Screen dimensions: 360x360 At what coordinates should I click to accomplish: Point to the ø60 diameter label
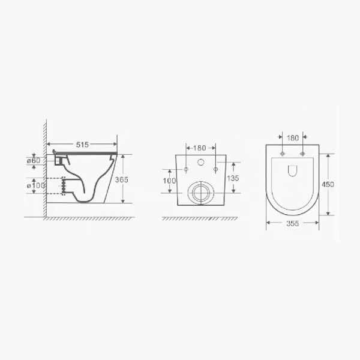tap(34, 160)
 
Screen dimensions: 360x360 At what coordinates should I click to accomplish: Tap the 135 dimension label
tap(233, 178)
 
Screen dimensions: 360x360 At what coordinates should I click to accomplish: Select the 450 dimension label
tap(328, 184)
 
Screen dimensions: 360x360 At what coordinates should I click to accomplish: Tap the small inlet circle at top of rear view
tap(200, 162)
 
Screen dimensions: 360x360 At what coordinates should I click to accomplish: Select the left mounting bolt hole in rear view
tap(187, 169)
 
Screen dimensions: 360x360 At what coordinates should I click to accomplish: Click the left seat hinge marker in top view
tap(281, 152)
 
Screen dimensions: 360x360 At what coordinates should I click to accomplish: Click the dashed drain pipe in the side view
tap(61, 187)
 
